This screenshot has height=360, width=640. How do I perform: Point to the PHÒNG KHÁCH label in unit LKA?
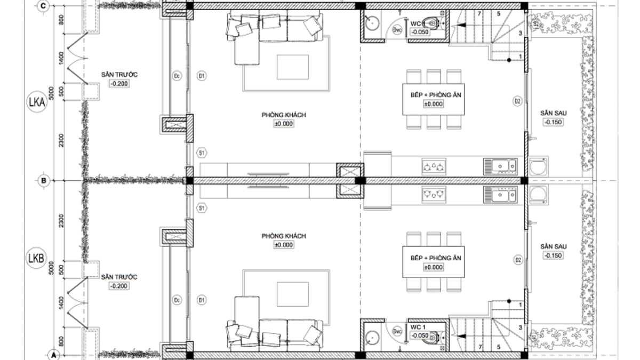point(284,115)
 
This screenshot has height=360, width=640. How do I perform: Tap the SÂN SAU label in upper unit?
point(553,113)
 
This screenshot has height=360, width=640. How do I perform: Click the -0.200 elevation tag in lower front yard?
point(119,286)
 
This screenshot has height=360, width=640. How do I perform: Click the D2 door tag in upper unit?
point(517,101)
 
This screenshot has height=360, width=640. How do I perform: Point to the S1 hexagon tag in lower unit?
point(202,208)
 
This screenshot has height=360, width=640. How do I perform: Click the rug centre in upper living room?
point(292,67)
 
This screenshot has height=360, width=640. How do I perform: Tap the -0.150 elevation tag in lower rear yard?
point(553,255)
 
